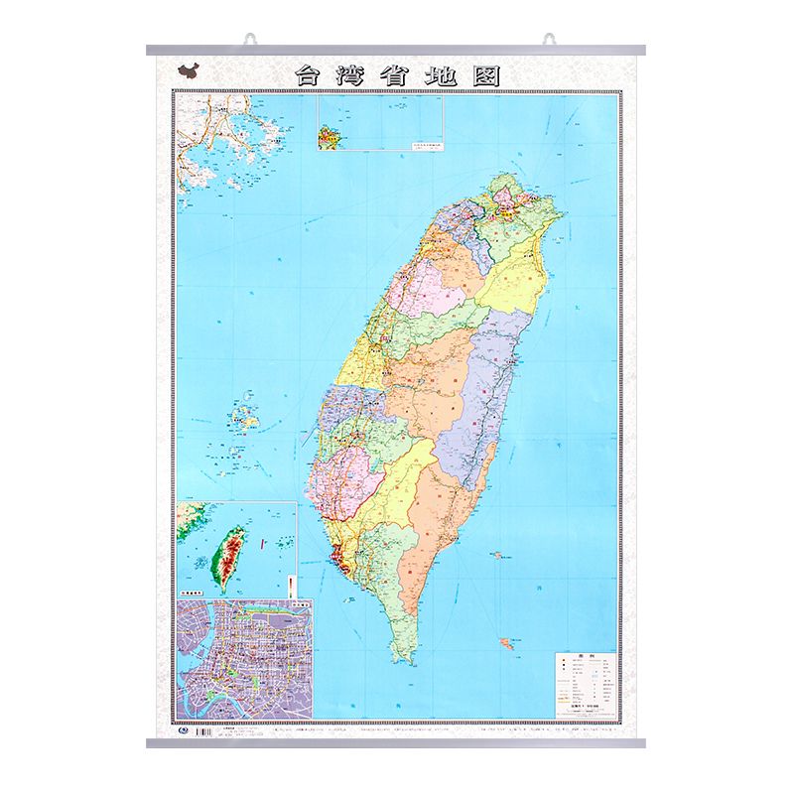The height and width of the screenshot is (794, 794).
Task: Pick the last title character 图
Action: (486, 75)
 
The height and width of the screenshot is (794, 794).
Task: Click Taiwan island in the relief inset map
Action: (231, 556)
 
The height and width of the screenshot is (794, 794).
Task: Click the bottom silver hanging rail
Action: (397, 743)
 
